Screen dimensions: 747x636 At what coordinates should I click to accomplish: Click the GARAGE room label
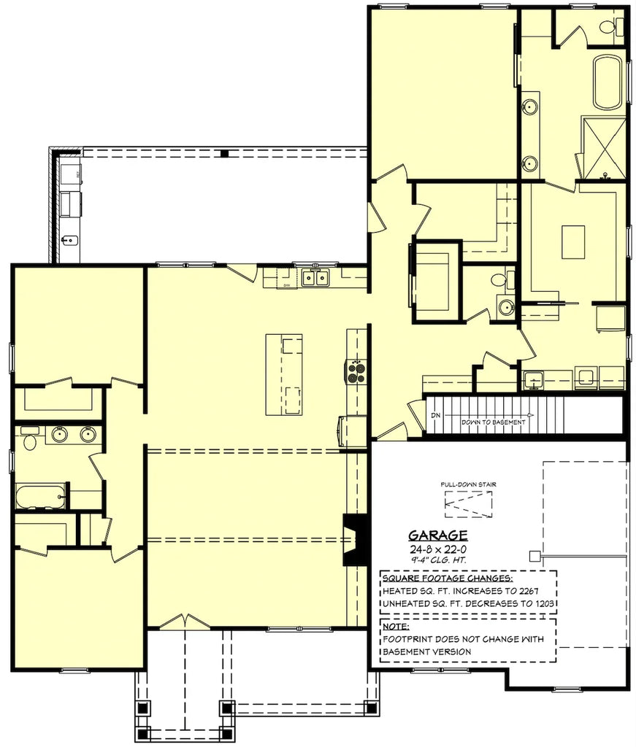[437, 536]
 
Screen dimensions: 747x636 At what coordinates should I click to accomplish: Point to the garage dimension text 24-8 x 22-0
[437, 549]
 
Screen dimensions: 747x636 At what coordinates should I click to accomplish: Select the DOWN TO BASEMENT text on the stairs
[493, 422]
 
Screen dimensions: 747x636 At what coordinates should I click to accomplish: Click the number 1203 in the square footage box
[543, 604]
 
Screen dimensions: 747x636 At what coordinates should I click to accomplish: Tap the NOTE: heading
[396, 626]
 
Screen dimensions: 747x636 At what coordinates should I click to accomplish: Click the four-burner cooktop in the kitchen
[356, 373]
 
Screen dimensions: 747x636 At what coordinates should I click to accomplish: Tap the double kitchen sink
[316, 278]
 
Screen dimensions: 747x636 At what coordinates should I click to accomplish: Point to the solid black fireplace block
[356, 541]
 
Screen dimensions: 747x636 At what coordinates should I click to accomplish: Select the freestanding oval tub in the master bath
[608, 82]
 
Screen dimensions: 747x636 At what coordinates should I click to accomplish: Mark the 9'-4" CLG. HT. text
[437, 560]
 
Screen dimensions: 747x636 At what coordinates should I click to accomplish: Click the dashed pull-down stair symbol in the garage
[468, 503]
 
